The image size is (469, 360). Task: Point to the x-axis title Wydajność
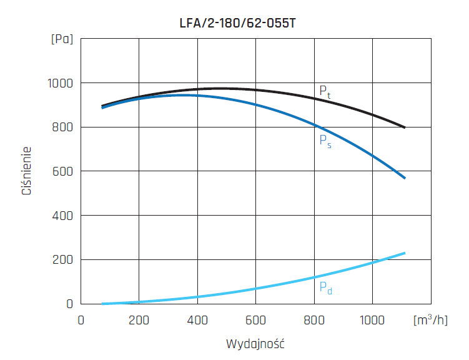(255, 344)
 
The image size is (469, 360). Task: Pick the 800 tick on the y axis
(61, 127)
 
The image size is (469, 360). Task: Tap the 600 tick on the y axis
(61, 171)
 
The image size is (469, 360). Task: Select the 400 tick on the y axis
(61, 216)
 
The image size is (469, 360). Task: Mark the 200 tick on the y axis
(61, 259)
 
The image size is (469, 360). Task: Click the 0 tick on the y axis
(70, 304)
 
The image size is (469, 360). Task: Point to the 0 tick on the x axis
(81, 319)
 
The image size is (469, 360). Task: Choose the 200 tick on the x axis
(139, 319)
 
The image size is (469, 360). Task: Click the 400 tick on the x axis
(197, 319)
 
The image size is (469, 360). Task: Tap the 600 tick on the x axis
(255, 319)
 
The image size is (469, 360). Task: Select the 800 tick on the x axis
(314, 319)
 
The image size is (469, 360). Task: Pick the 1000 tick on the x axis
(372, 319)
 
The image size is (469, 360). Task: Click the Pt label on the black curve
(325, 91)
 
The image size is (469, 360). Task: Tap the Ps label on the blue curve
(325, 141)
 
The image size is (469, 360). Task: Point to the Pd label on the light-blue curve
(325, 288)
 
